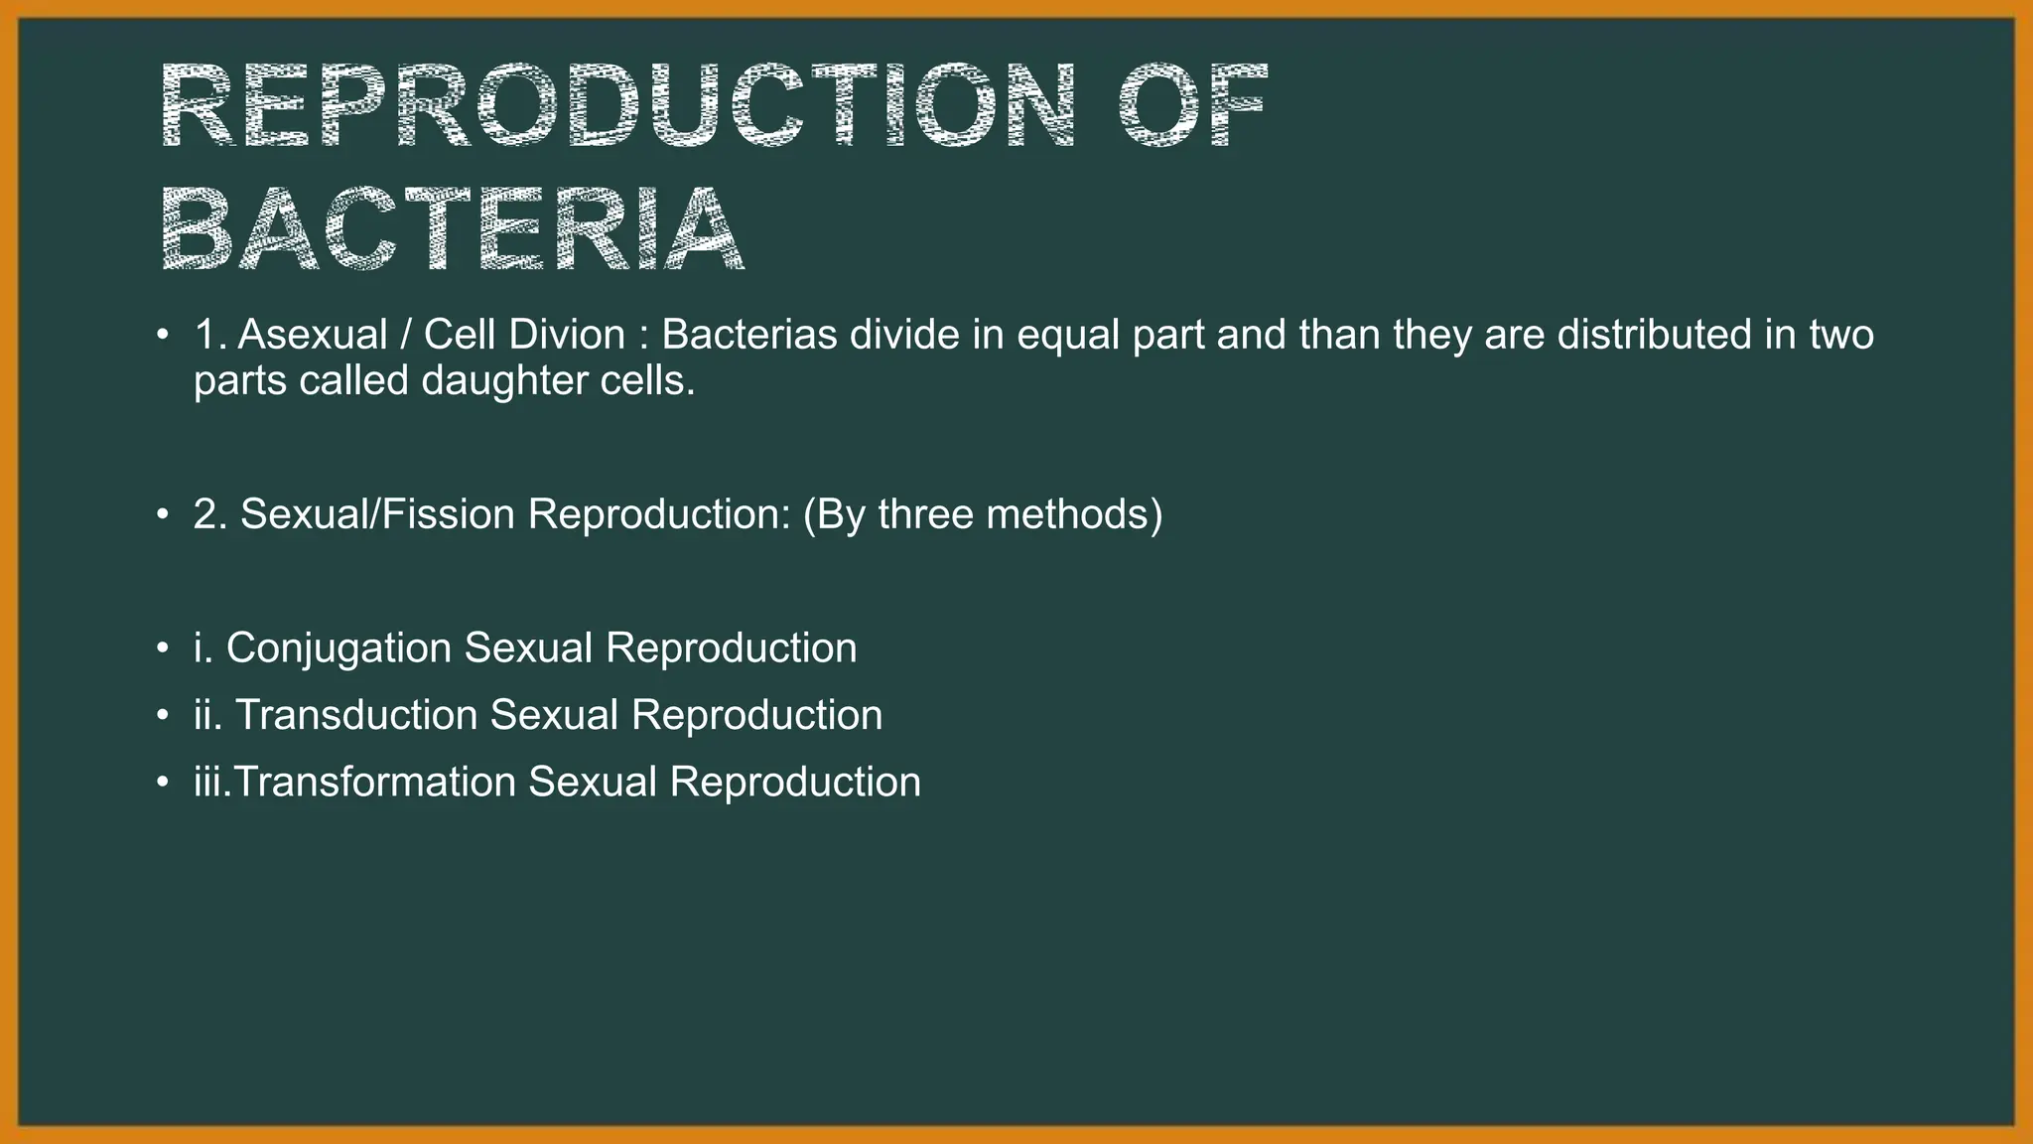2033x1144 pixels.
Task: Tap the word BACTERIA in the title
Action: pos(452,228)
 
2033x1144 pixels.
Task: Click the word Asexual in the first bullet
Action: pos(312,336)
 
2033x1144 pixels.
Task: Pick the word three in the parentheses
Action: pos(925,515)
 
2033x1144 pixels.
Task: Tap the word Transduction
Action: pos(356,716)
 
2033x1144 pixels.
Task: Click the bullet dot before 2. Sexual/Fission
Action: pos(162,515)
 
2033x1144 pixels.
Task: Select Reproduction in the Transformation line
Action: pos(795,783)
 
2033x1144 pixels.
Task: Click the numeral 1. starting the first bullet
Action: pos(209,336)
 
